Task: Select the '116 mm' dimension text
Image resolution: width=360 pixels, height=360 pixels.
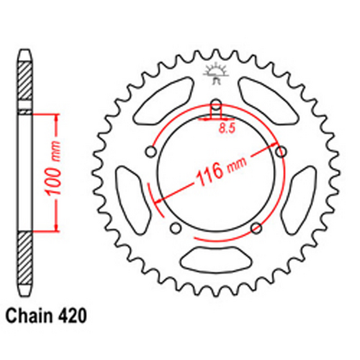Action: pyautogui.click(x=216, y=172)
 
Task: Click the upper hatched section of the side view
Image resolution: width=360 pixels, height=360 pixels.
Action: pyautogui.click(x=24, y=83)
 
